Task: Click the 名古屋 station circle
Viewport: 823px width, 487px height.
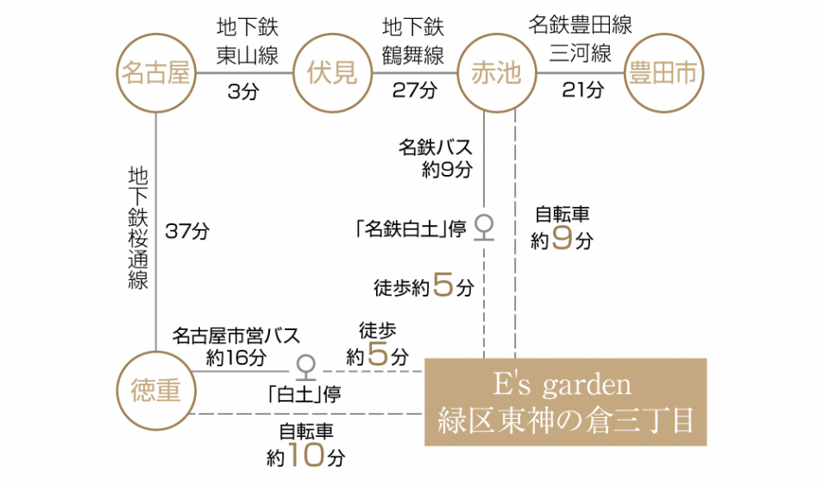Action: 156,73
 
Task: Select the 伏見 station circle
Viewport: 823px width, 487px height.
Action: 332,73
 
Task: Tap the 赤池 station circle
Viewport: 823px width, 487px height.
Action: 497,73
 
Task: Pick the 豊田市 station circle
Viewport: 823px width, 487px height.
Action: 663,73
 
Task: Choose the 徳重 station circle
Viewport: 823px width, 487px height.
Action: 156,390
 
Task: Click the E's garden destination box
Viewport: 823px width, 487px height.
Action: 565,402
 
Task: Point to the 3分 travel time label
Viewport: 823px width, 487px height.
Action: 243,91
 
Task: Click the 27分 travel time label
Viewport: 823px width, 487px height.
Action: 415,91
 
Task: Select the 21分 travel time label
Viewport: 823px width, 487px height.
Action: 583,91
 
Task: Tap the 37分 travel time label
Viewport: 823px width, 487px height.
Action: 187,231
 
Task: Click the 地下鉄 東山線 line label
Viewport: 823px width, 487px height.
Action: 248,41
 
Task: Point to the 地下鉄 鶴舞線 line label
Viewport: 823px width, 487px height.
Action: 413,41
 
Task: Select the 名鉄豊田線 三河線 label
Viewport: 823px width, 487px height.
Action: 580,40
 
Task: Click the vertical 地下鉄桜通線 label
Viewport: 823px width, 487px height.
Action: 138,228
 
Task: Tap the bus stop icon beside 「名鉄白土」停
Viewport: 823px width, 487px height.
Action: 484,228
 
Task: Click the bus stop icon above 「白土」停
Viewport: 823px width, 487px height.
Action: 305,367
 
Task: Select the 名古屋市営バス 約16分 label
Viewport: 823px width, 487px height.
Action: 236,347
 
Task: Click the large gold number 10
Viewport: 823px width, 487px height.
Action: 306,454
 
